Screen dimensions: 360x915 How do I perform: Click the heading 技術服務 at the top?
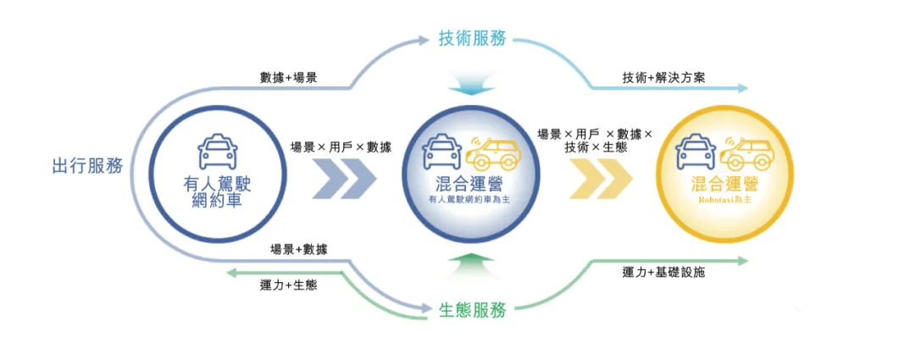pos(472,39)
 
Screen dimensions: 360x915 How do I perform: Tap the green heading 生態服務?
pos(473,310)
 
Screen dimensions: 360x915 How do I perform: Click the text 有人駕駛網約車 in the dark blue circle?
pos(217,192)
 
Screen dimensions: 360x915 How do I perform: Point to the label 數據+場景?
pos(289,77)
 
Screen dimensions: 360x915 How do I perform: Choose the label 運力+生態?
pos(288,285)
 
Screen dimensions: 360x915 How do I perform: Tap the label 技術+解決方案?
pos(664,77)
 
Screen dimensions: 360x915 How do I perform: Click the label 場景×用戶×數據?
pos(341,146)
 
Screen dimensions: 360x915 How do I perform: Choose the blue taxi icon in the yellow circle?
pos(696,153)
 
